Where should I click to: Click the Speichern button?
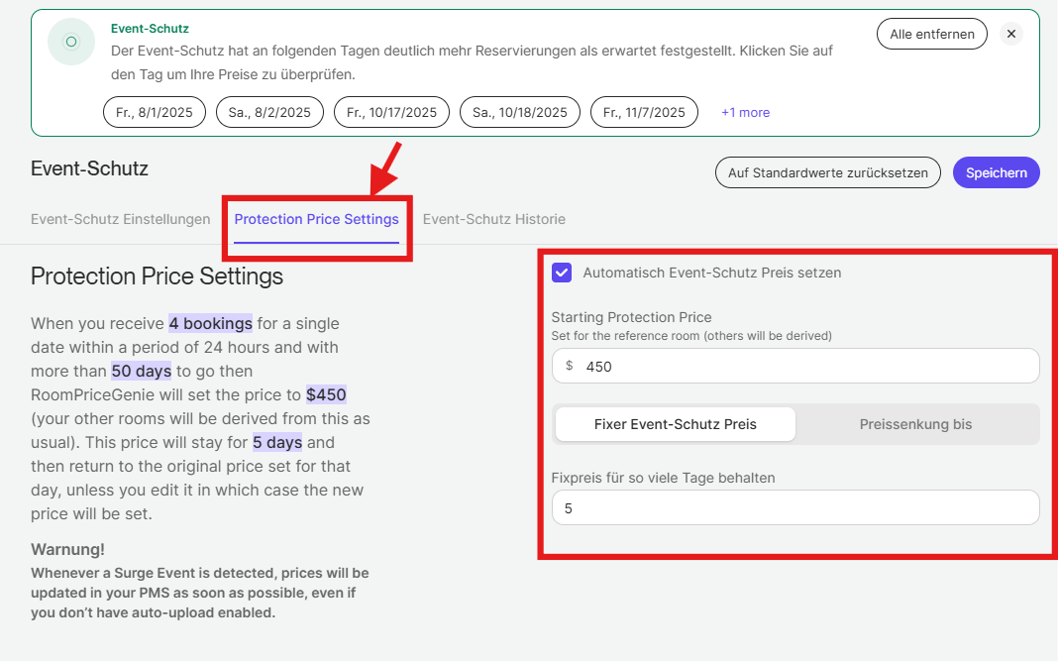pos(997,172)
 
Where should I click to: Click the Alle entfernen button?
pos(932,34)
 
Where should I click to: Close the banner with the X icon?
pos(1011,34)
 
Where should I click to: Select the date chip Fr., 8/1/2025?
pos(154,112)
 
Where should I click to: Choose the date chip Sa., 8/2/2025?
pos(269,112)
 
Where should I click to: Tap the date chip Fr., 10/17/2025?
pos(391,112)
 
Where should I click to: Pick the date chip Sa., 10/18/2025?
pos(520,112)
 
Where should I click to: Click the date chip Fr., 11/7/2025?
pos(644,112)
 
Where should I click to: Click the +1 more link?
pos(746,112)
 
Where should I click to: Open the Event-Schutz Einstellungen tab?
pos(120,219)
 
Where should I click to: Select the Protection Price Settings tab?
pos(317,219)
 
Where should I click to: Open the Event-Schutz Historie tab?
pos(494,219)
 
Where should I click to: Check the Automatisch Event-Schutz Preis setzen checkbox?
pos(562,273)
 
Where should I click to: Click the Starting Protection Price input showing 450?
pos(795,366)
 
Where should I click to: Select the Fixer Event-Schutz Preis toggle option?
pos(676,424)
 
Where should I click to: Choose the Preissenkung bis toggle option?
pos(915,424)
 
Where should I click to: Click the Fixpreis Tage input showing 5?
pos(795,507)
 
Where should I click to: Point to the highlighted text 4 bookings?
pos(211,323)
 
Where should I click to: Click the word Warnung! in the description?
pos(67,549)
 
